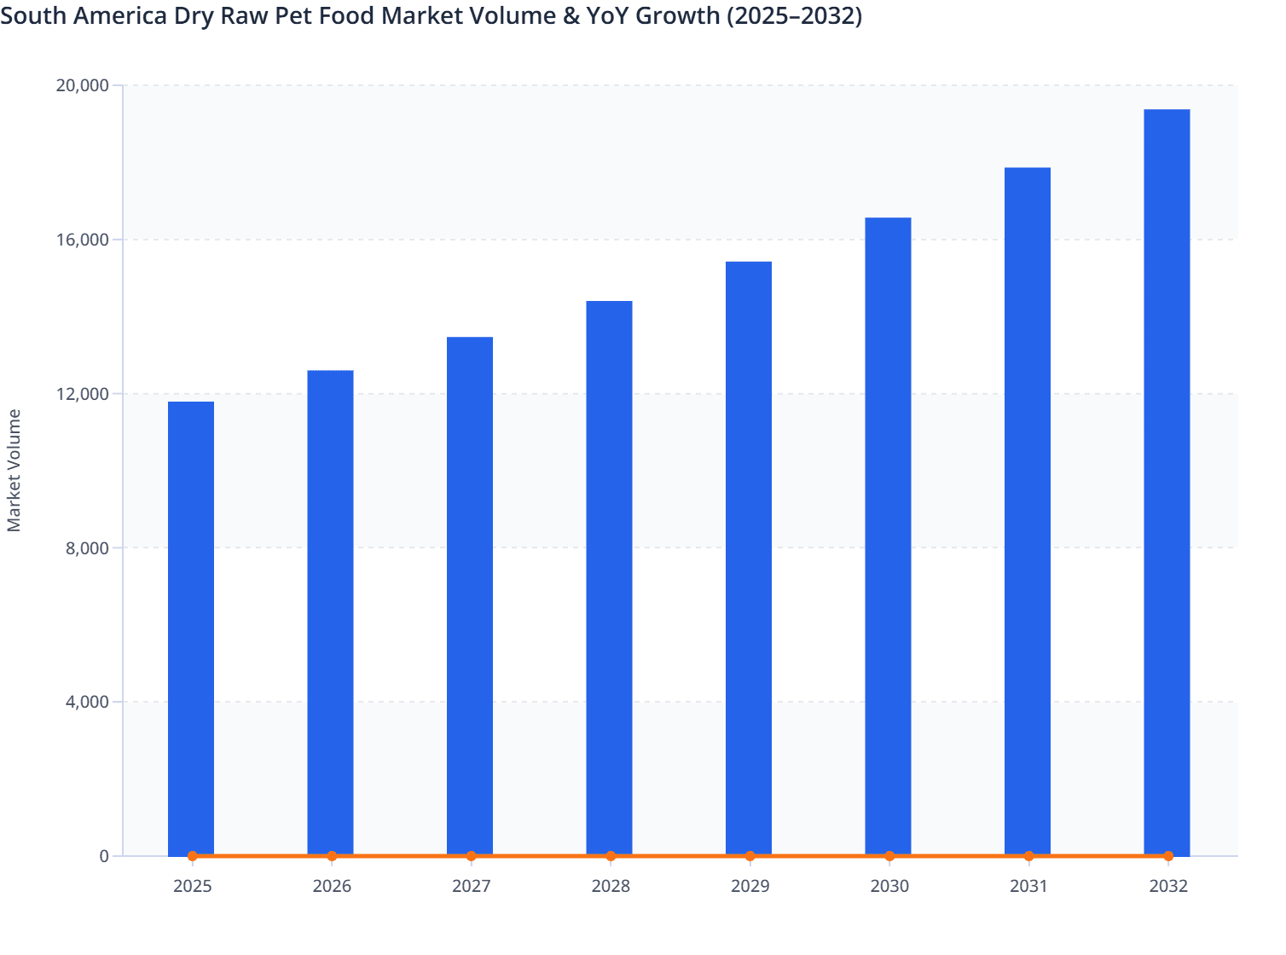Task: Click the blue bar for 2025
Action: click(191, 628)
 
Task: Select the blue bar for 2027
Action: click(470, 596)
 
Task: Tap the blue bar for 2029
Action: click(749, 559)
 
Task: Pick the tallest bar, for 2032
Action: click(1167, 483)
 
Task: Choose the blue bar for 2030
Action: click(888, 536)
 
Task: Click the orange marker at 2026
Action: click(332, 856)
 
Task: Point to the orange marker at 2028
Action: click(611, 856)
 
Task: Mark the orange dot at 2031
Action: click(1028, 856)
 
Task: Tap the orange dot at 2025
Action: click(193, 856)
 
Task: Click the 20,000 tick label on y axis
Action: click(82, 85)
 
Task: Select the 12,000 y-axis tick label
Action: click(82, 394)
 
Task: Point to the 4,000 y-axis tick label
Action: click(87, 702)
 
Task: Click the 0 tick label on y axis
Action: click(104, 856)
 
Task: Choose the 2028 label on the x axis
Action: click(611, 886)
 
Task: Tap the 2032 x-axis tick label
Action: click(1167, 886)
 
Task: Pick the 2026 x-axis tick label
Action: click(332, 886)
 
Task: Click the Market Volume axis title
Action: click(14, 471)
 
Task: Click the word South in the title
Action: click(32, 15)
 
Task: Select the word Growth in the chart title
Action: click(676, 15)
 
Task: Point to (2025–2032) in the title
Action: click(794, 15)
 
